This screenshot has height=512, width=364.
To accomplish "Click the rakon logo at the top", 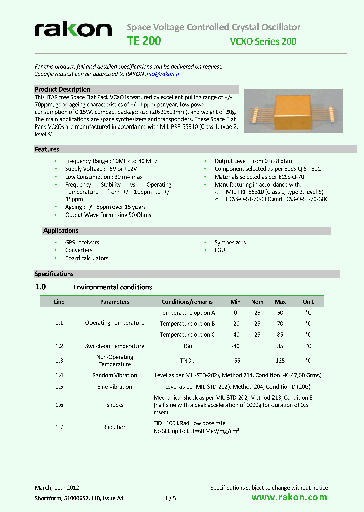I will click(x=73, y=31).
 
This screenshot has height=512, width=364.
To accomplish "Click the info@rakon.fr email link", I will click(x=162, y=74).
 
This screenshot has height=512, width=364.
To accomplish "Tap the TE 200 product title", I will click(x=144, y=41).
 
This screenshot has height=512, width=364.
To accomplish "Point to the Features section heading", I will click(x=47, y=149).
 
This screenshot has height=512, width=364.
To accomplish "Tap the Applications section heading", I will click(x=61, y=231).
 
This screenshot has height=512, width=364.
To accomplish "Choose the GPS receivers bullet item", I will click(x=82, y=242).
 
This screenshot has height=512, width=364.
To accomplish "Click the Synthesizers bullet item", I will click(x=230, y=242).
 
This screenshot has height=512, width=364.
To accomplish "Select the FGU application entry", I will click(x=220, y=250).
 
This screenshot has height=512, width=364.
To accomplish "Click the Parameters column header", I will click(x=115, y=302).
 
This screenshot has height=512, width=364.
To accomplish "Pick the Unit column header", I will click(x=308, y=302).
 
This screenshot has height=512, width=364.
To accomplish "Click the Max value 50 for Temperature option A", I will click(x=280, y=313).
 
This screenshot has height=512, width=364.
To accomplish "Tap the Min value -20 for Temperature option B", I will click(x=235, y=324).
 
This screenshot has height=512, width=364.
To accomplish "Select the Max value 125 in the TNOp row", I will click(x=280, y=361).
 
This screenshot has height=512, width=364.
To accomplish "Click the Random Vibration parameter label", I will click(x=115, y=375).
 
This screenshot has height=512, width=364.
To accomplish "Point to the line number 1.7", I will click(x=59, y=427).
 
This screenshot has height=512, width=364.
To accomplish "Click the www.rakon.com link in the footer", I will click(x=289, y=497).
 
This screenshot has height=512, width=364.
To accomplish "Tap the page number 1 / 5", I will click(x=170, y=498).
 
